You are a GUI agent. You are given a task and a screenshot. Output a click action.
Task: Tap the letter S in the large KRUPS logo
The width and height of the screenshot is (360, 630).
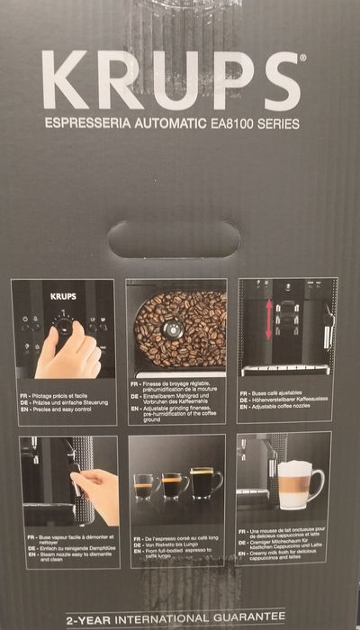click(x=280, y=81)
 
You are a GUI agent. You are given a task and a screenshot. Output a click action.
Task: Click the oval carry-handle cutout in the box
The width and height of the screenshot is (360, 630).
click(x=174, y=238)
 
